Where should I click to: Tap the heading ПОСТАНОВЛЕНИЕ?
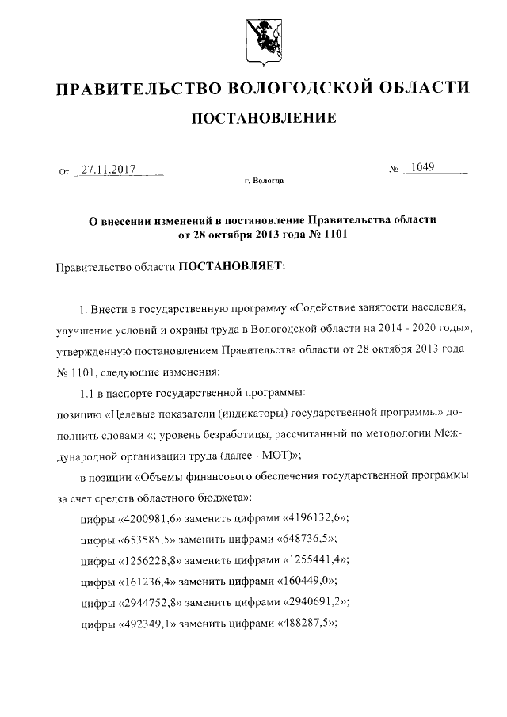click(261, 119)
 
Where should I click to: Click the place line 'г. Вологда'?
click(263, 181)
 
